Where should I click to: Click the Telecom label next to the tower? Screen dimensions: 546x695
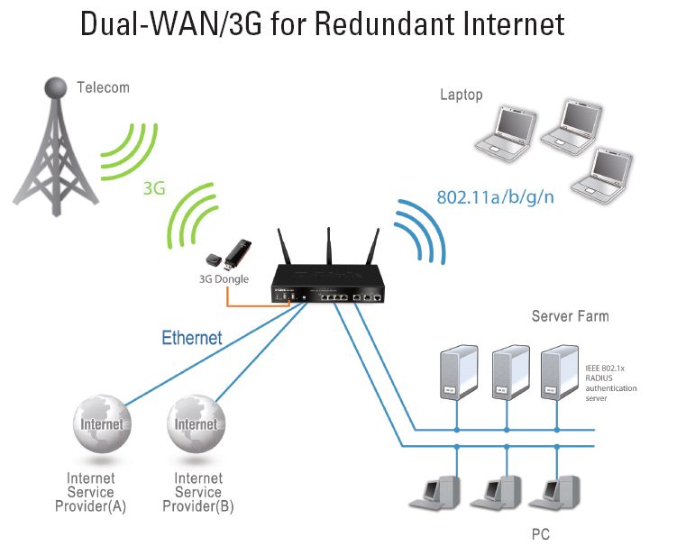[x=103, y=87]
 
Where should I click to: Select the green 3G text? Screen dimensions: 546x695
[x=154, y=189]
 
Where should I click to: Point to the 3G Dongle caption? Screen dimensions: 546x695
[x=224, y=279]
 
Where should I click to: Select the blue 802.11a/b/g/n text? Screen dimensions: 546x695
[x=495, y=196]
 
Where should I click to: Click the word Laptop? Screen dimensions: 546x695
[x=462, y=95]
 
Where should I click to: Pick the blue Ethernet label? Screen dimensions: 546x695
[x=191, y=339]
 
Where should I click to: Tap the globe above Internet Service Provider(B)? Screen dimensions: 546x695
[x=196, y=426]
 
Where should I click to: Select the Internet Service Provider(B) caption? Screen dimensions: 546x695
[x=197, y=492]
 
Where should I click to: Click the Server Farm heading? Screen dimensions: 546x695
[x=570, y=316]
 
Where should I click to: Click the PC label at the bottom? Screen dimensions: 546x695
[x=540, y=534]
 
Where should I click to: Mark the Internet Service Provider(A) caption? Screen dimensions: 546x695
[x=96, y=492]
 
